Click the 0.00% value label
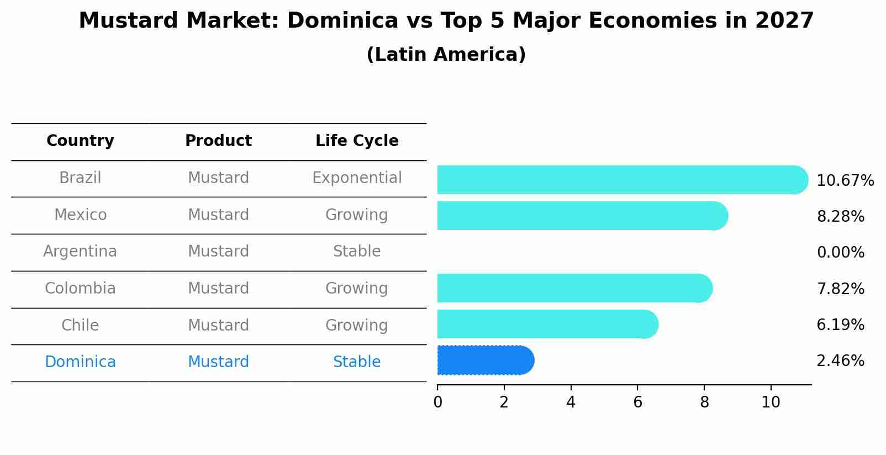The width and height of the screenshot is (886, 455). pyautogui.click(x=840, y=253)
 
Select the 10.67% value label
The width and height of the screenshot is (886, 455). pyautogui.click(x=845, y=181)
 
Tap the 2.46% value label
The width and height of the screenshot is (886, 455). pyautogui.click(x=840, y=361)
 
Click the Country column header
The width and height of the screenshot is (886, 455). pyautogui.click(x=80, y=141)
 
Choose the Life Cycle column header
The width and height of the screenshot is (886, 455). pyautogui.click(x=357, y=141)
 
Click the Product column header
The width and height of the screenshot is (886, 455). pyautogui.click(x=218, y=141)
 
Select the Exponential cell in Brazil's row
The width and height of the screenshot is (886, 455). pyautogui.click(x=357, y=178)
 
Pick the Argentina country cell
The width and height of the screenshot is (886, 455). pyautogui.click(x=80, y=252)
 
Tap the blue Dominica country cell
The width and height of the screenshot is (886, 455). pyautogui.click(x=80, y=362)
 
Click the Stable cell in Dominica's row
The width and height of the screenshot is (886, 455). pyautogui.click(x=357, y=362)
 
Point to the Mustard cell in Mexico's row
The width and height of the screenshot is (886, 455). pyautogui.click(x=218, y=215)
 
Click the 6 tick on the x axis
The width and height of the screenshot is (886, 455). pyautogui.click(x=637, y=402)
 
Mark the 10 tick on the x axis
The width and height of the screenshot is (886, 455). pyautogui.click(x=771, y=402)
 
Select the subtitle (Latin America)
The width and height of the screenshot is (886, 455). pyautogui.click(x=446, y=55)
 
